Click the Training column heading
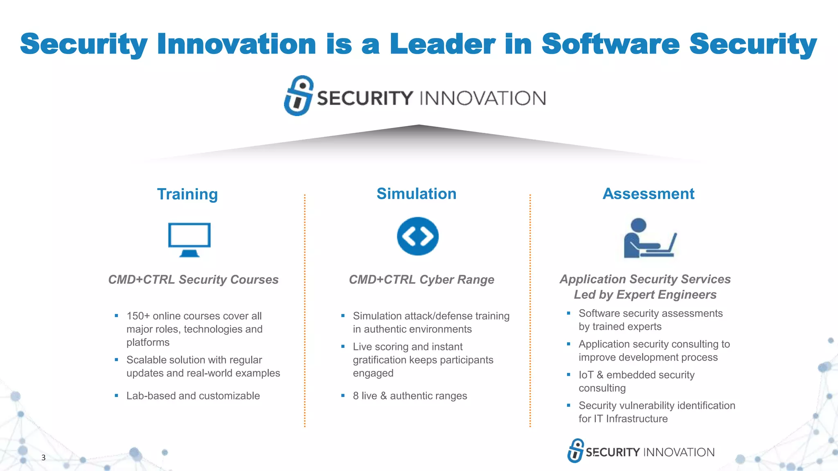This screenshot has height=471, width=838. click(x=187, y=194)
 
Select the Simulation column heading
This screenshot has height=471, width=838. click(x=416, y=194)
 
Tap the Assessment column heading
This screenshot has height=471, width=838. click(x=649, y=194)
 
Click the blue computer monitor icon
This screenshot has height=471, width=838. click(x=189, y=239)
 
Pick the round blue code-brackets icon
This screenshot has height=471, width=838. click(x=417, y=236)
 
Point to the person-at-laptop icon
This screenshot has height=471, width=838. click(x=649, y=238)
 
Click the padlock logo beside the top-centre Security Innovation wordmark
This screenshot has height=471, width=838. click(x=299, y=96)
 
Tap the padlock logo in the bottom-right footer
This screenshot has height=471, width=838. click(x=576, y=451)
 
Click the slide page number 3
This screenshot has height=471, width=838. click(x=43, y=458)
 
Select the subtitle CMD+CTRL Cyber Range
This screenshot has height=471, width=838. click(x=421, y=280)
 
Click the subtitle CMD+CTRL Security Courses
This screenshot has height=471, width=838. click(x=193, y=280)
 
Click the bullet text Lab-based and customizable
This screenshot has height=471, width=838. click(x=193, y=396)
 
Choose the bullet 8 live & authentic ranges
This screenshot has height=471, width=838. click(x=410, y=396)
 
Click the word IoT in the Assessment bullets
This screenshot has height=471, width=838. click(x=586, y=375)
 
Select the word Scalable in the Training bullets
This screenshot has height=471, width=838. click(x=146, y=360)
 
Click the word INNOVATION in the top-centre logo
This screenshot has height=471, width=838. click(x=482, y=99)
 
